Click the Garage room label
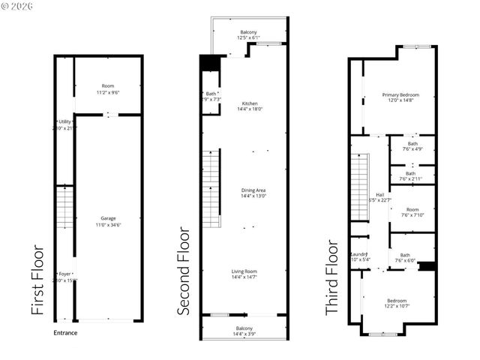point(108,221)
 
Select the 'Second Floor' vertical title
point(184,271)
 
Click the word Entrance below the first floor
point(65,332)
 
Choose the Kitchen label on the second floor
point(250,106)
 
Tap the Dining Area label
point(253,193)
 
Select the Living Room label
point(244,274)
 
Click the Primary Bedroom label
point(400,98)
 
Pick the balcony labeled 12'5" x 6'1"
point(247,34)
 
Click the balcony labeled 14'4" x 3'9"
point(244,331)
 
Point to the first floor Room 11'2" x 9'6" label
point(109,89)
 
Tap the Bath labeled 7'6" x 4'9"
point(412,146)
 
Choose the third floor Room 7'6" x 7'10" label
point(412,212)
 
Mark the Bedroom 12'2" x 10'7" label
point(397,302)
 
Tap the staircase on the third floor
point(361,187)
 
